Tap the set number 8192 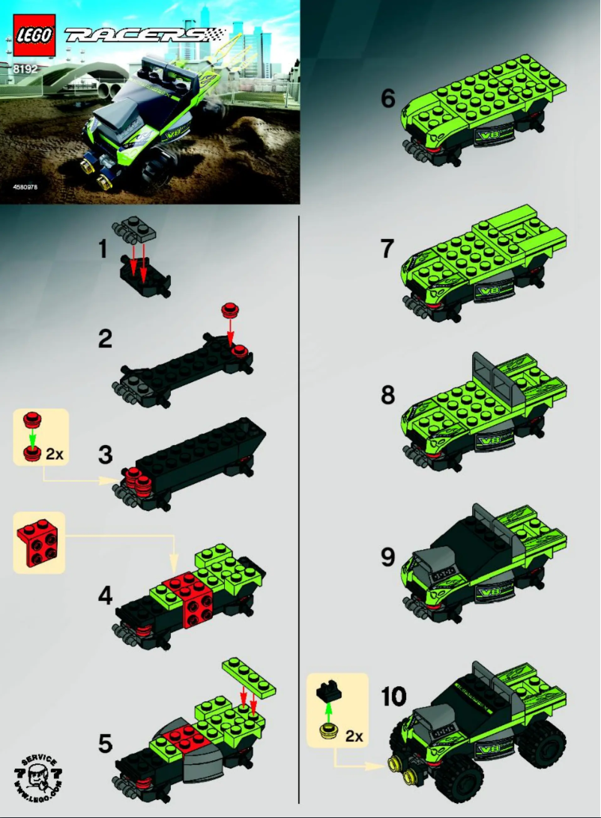pyautogui.click(x=25, y=69)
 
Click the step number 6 pyautogui.click(x=387, y=99)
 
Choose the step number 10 pyautogui.click(x=393, y=697)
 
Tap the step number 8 pyautogui.click(x=387, y=395)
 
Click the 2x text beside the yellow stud pyautogui.click(x=354, y=736)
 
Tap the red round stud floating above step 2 pyautogui.click(x=229, y=310)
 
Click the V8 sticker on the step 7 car pyautogui.click(x=490, y=291)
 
